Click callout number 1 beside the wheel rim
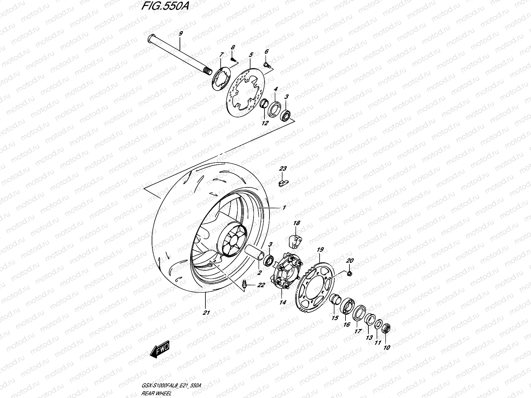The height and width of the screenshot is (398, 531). [284, 208]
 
